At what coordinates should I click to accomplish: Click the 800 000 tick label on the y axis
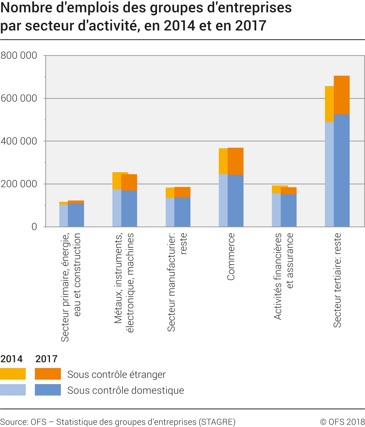[x=19, y=55]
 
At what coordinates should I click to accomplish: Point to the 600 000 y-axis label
[x=19, y=98]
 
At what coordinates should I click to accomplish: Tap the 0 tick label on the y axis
[x=34, y=227]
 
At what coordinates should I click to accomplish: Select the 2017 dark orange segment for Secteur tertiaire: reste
[x=342, y=95]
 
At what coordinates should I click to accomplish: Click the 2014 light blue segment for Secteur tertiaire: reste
[x=329, y=174]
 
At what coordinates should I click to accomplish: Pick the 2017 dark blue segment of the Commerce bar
[x=235, y=201]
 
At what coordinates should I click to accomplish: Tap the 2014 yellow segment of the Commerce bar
[x=223, y=161]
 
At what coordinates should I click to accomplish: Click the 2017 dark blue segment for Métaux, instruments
[x=129, y=209]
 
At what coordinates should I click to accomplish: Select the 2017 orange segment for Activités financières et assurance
[x=289, y=191]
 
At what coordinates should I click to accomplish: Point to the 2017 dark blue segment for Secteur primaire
[x=76, y=215]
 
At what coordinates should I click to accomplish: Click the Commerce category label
[x=231, y=256]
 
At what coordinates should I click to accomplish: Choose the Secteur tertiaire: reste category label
[x=337, y=280]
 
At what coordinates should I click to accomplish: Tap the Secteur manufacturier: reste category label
[x=177, y=282]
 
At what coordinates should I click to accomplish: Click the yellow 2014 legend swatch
[x=13, y=374]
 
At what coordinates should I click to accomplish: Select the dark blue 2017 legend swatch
[x=48, y=390]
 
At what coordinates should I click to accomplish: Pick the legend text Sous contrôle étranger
[x=116, y=374]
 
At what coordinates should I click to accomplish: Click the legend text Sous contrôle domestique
[x=125, y=390]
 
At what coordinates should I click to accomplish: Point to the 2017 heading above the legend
[x=46, y=359]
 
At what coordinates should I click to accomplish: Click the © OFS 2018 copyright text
[x=342, y=422]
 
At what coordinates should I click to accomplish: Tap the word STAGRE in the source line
[x=217, y=422]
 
